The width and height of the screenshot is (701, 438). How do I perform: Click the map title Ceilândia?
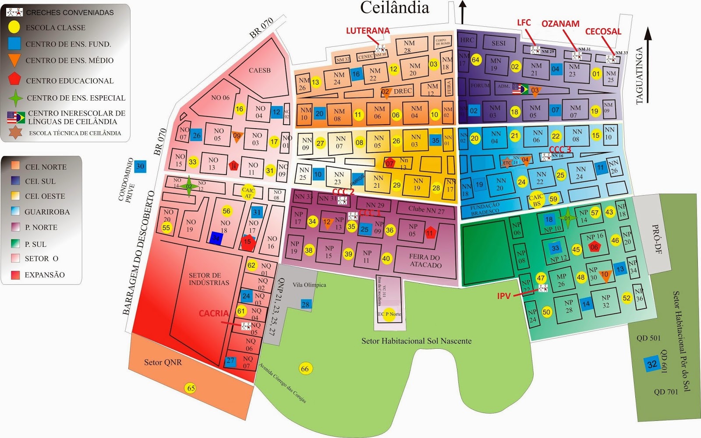pos(394,8)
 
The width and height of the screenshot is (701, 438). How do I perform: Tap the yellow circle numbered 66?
pos(305,369)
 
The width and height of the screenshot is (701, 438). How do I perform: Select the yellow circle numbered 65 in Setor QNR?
pos(191,388)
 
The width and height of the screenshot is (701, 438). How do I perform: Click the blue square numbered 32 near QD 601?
pos(652,364)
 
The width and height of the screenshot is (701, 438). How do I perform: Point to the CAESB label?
pos(259,70)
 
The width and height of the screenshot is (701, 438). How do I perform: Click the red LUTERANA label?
pos(368,31)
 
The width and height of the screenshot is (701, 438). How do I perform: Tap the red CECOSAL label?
pos(603,32)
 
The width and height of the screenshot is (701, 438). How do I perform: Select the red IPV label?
pos(504,296)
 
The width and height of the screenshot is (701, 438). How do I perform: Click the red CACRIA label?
pos(213,313)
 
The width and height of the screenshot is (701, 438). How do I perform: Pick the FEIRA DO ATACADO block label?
pos(425,261)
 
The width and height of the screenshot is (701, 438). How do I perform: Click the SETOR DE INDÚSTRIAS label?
pos(209,279)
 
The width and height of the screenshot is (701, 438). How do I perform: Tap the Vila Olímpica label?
pos(309,285)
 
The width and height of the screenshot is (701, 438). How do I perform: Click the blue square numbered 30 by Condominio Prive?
pos(140,166)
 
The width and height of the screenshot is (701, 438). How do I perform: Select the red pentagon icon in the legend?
pos(14,79)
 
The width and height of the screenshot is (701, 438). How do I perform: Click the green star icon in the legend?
pos(16,98)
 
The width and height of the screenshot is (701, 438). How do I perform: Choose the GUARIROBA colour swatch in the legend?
pos(15,211)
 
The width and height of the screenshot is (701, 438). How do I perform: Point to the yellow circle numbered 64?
pos(476,60)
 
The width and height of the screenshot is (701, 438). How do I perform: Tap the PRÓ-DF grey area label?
pos(657,240)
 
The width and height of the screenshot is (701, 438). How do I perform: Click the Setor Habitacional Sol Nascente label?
pos(416,341)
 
